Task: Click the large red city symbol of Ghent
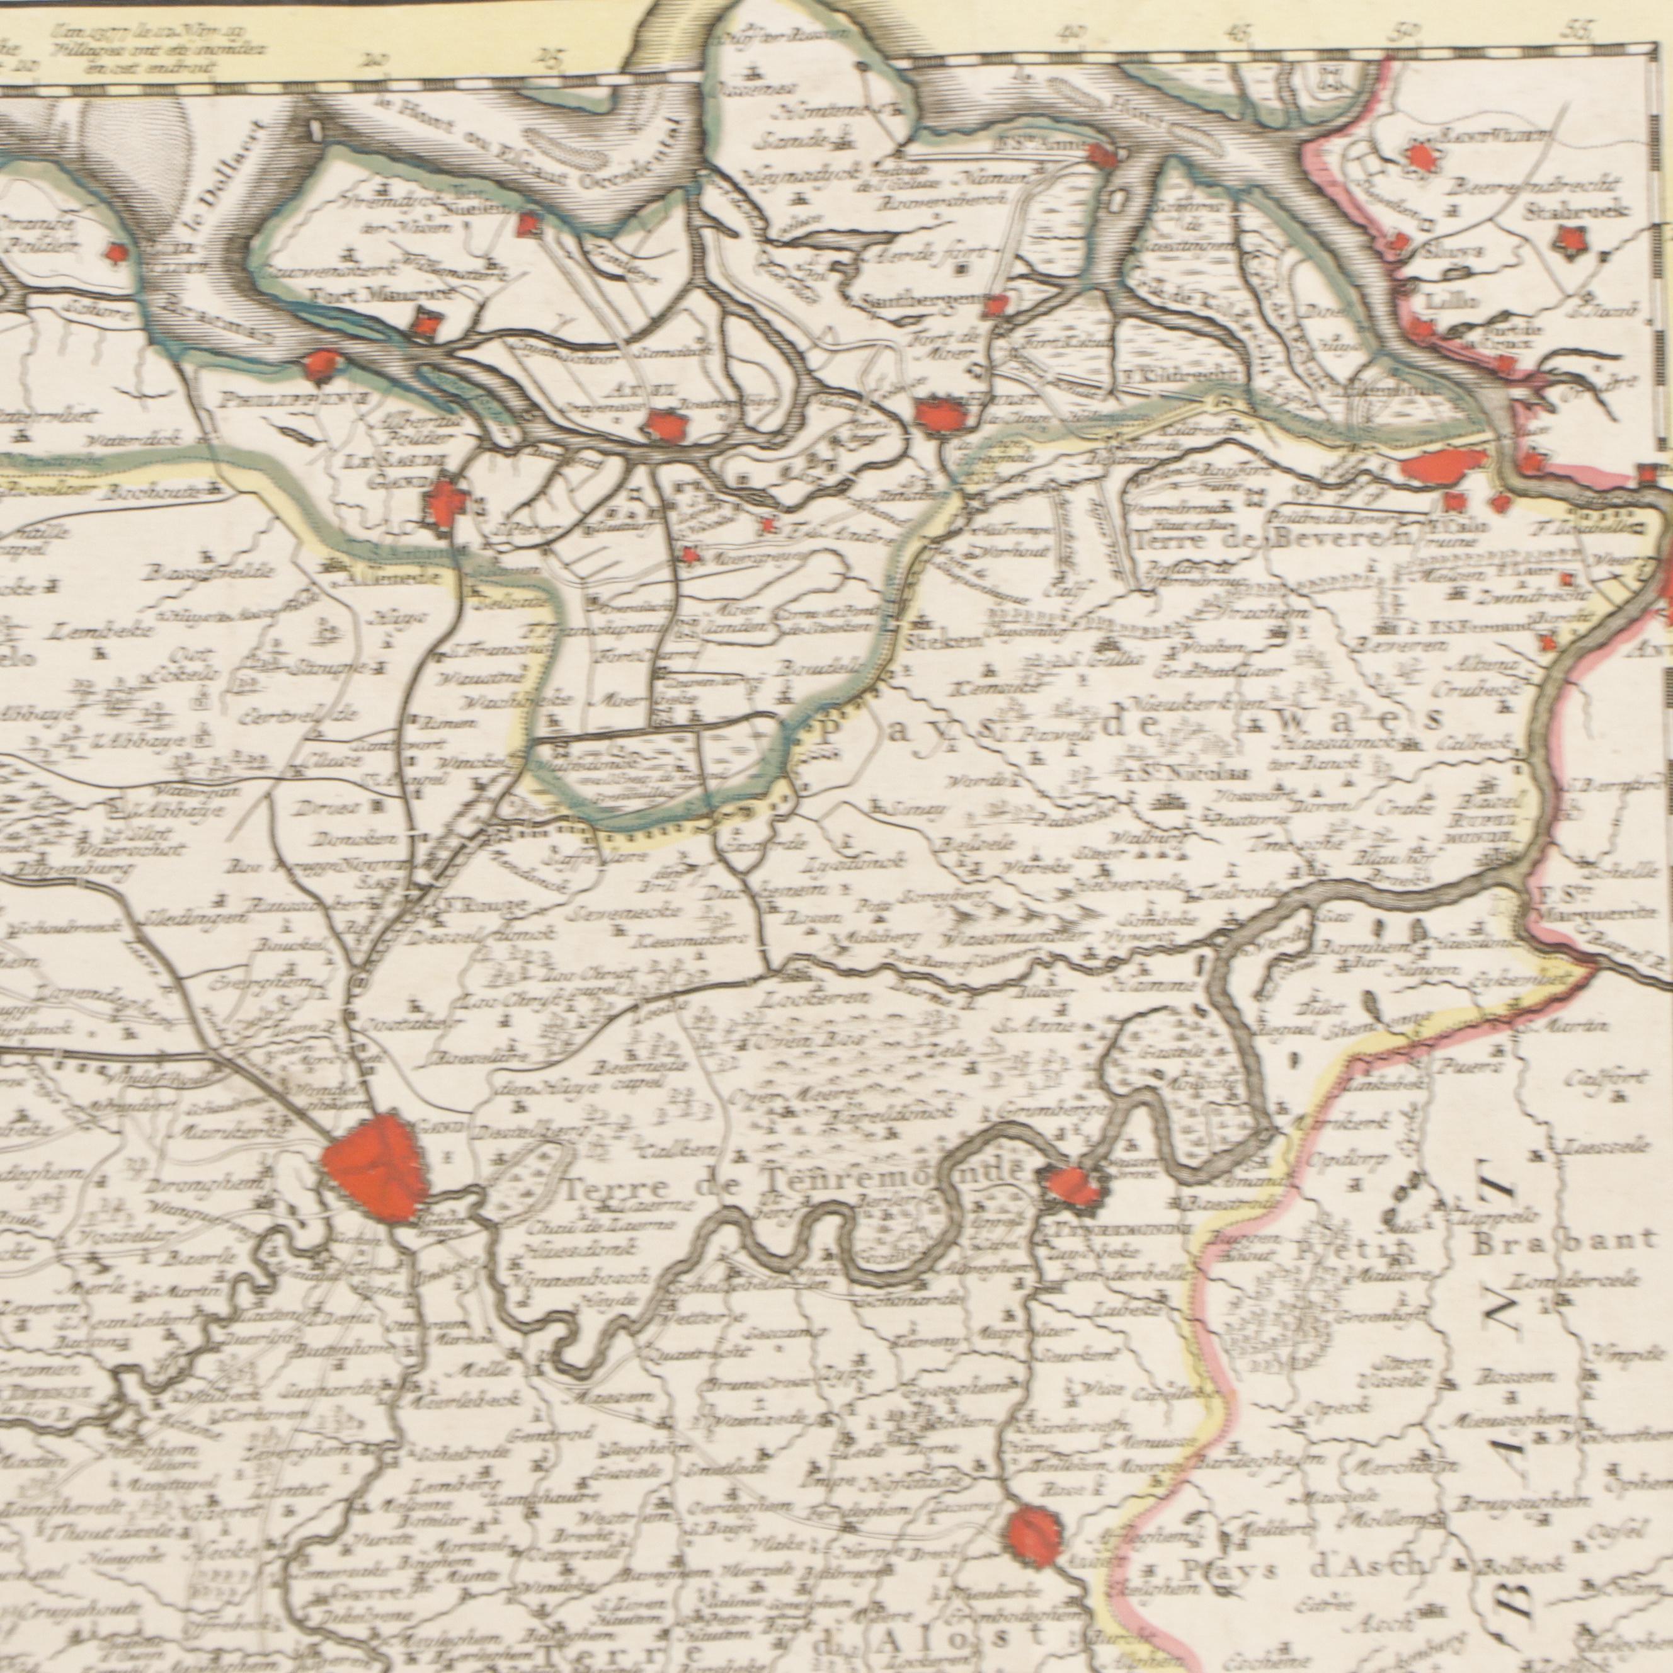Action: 374,1167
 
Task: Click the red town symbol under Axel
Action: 666,425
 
